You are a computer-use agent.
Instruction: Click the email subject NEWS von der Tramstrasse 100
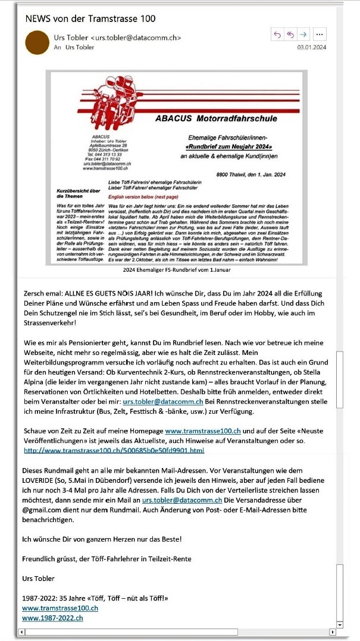tap(90, 18)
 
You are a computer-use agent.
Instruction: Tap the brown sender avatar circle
tap(37, 42)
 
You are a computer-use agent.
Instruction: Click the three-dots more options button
tap(320, 34)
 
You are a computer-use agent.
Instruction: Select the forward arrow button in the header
tap(303, 34)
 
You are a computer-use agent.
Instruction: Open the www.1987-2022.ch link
tap(52, 618)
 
